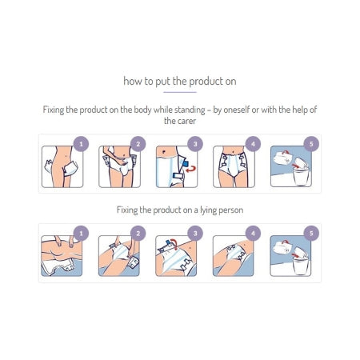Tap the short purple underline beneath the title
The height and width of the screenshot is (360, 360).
click(x=179, y=92)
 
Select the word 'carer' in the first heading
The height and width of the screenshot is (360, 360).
click(x=179, y=120)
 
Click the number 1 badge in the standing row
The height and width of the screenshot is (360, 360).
click(x=80, y=144)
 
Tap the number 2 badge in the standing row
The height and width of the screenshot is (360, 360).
click(x=138, y=144)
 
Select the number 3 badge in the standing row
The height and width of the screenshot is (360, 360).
click(x=195, y=144)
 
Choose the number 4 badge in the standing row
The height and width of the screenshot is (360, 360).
click(x=253, y=144)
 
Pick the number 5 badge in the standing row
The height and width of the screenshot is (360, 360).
click(x=310, y=144)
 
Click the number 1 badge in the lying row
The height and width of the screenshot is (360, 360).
click(x=80, y=234)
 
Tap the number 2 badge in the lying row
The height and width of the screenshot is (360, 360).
click(x=138, y=234)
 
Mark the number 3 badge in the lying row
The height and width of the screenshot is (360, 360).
click(x=195, y=234)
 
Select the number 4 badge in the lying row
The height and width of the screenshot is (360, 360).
click(x=253, y=234)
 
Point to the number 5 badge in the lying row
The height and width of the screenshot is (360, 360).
click(x=310, y=234)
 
